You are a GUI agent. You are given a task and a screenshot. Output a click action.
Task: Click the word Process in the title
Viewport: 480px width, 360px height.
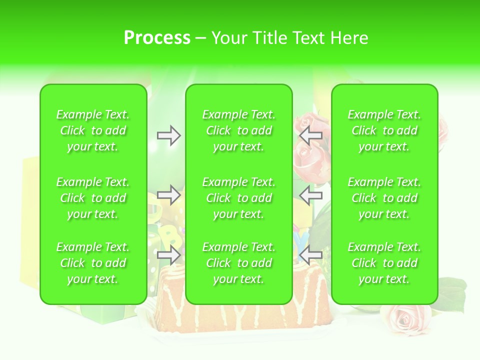point(157,38)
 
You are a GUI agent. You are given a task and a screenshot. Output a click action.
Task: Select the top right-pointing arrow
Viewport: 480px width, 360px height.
point(169,135)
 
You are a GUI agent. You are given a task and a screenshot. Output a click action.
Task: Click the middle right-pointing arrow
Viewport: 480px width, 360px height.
point(169,195)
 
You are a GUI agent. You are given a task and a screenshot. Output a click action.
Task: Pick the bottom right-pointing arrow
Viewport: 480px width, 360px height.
point(169,255)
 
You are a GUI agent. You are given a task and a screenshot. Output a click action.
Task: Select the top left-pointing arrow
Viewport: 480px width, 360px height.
point(310,135)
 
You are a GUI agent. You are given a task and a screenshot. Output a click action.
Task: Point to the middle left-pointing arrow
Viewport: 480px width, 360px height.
point(310,195)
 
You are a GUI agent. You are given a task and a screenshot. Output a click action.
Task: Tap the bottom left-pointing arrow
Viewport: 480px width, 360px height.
point(310,255)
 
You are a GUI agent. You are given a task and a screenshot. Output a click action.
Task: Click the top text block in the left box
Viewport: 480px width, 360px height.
point(93,130)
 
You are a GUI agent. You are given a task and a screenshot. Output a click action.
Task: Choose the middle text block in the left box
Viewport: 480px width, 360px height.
point(93,198)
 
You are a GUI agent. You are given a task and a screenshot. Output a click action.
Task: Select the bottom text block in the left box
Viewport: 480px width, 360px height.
point(93,263)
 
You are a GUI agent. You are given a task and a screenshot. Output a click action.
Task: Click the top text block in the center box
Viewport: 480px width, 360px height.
point(239,130)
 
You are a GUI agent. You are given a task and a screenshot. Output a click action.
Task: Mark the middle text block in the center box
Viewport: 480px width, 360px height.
point(239,198)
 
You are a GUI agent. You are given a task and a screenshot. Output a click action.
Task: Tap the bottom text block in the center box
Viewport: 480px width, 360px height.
point(239,263)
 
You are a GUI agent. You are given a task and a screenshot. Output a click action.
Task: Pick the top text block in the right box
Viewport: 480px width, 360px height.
point(384,130)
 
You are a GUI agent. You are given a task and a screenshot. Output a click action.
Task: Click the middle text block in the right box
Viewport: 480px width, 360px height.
point(384,198)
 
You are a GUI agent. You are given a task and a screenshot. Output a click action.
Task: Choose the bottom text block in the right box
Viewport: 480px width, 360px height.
point(384,263)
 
